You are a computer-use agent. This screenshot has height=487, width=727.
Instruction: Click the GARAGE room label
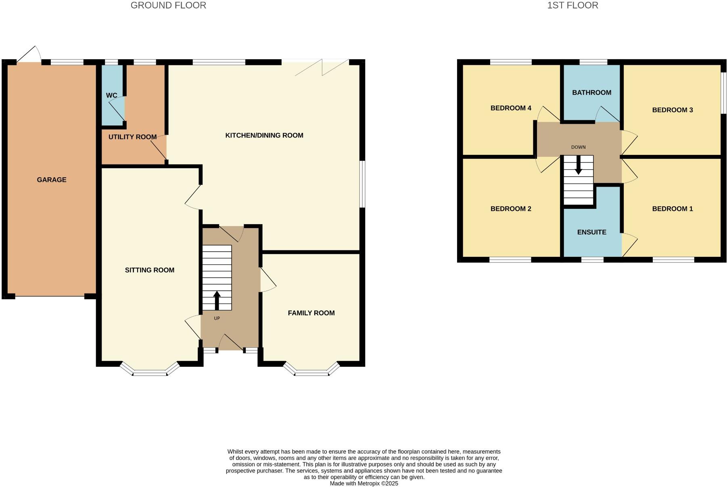tap(52, 180)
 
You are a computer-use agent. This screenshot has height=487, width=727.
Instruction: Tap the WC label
tap(111, 96)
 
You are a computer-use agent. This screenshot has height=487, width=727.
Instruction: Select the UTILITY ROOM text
tap(132, 137)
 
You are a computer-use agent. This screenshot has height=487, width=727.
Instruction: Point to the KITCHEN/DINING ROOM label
tap(264, 135)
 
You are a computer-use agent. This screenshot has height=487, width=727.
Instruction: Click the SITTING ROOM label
tap(149, 270)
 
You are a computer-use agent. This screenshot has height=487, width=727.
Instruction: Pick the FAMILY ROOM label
tap(311, 313)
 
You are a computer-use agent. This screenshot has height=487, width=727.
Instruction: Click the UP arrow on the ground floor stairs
tap(217, 300)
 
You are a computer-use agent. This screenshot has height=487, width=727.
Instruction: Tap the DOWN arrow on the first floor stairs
tap(578, 165)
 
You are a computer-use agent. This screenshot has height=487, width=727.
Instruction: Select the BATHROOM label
tap(591, 93)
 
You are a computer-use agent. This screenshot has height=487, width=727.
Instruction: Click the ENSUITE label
tap(591, 232)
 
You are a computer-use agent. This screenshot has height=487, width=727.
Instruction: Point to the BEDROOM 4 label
tap(511, 108)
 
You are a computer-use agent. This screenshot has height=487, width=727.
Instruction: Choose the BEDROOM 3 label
tap(672, 110)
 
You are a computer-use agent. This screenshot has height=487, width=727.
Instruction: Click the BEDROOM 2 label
tap(511, 209)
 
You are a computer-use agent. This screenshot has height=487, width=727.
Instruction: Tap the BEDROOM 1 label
tap(672, 209)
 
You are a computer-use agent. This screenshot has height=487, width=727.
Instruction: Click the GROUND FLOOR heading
tap(168, 5)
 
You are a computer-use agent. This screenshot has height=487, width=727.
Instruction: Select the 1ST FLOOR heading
tap(572, 5)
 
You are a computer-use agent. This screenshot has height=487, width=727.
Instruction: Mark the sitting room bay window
tap(150, 372)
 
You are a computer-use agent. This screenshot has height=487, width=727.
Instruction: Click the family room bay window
tap(311, 372)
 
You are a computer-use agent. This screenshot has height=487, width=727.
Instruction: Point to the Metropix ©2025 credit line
tap(363, 483)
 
